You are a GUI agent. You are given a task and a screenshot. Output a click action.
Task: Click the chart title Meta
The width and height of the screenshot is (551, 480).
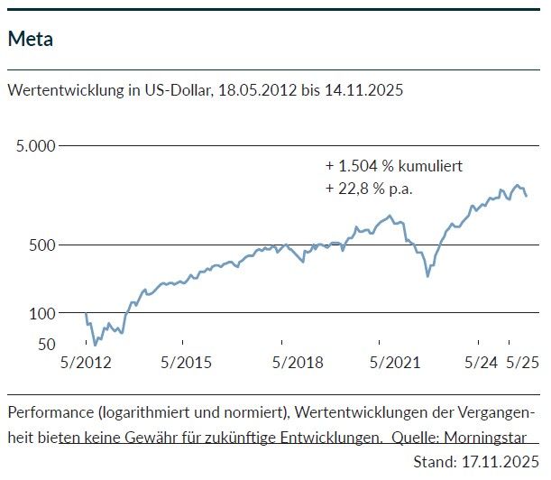coord(29,39)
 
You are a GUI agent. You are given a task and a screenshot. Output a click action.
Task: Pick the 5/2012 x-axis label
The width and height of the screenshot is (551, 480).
coord(86,363)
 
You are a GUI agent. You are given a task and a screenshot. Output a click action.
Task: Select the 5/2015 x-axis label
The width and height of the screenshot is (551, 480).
coord(186,363)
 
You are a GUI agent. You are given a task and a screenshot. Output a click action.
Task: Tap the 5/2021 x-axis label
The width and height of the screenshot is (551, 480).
coord(383,363)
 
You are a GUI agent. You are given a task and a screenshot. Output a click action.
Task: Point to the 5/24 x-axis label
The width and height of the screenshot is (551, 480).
coord(480,363)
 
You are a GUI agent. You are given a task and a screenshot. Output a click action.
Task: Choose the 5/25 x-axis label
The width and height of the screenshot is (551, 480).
coord(520,363)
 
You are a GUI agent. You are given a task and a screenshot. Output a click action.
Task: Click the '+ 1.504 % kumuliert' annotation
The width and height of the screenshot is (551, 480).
coord(395,166)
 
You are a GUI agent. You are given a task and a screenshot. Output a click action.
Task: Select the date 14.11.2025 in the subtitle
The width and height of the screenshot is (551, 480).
coord(360,91)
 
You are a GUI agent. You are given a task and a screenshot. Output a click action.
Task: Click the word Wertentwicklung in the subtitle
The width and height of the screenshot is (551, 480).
coord(58,91)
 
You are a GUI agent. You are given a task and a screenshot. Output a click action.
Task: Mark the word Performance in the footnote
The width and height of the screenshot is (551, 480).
coord(48,412)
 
